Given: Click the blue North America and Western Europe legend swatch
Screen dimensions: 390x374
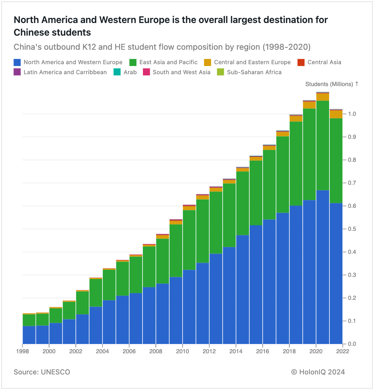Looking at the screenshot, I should coord(17,62).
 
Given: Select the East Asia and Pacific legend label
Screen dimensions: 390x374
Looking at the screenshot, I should coord(168,62).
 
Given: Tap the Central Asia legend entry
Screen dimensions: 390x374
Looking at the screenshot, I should coord(324,62).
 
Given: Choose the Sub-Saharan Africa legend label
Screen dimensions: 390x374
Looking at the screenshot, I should coord(254,72).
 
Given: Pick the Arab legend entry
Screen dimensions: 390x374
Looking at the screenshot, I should coord(130,72).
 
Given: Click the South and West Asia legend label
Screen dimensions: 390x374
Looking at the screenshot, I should coord(181,72).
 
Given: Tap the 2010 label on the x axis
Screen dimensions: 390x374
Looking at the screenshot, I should coord(182,351).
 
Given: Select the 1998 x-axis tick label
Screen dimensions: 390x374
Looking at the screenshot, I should coord(23,351).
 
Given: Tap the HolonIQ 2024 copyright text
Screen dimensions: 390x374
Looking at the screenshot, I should coord(318,372).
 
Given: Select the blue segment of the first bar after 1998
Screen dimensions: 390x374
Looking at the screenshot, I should coord(29,335).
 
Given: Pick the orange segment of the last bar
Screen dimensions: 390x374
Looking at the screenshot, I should coord(336,114).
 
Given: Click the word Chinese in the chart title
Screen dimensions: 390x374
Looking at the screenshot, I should coord(31,32).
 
